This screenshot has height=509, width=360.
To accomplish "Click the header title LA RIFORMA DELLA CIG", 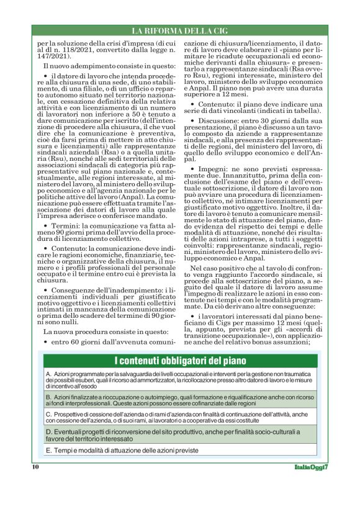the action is pyautogui.click(x=179, y=30).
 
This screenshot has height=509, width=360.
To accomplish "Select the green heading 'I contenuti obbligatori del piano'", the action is pyautogui.click(x=180, y=361).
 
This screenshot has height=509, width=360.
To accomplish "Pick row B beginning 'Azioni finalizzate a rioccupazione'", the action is pyautogui.click(x=180, y=400).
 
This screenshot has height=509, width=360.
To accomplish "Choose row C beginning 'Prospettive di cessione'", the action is pyautogui.click(x=180, y=417).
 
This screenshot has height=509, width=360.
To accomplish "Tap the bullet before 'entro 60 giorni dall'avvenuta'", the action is pyautogui.click(x=46, y=342).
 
